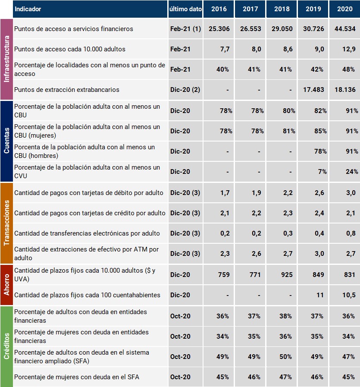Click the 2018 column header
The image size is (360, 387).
click(282, 9)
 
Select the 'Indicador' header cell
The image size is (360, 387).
click(28, 9)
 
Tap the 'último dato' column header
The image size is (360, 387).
click(185, 9)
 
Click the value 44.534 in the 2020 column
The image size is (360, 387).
click(344, 29)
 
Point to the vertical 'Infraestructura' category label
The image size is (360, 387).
click(6, 59)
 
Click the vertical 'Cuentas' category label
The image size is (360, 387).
click(6, 141)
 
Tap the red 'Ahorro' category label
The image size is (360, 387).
click(6, 285)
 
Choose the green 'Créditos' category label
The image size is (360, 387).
click(6, 346)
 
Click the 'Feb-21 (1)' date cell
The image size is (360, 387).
click(185, 29)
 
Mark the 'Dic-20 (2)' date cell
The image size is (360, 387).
click(185, 90)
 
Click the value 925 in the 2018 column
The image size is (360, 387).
click(287, 275)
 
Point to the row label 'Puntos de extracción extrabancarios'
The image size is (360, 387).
click(67, 90)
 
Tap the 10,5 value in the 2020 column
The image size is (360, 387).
click(349, 295)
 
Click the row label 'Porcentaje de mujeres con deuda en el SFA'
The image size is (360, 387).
click(77, 377)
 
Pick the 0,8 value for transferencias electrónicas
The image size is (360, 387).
click(351, 233)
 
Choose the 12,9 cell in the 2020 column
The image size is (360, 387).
click(349, 49)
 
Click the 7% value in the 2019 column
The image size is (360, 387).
click(322, 172)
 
